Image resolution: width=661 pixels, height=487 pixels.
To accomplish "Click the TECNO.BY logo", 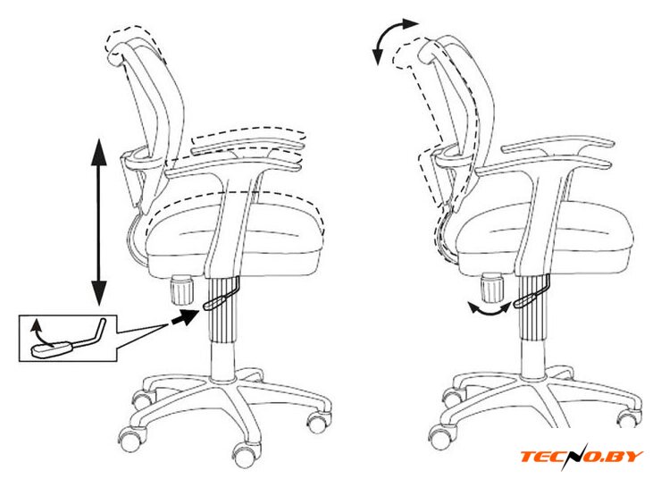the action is pyautogui.click(x=582, y=457).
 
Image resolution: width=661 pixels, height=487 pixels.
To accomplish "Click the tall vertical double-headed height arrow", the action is pyautogui.click(x=99, y=222).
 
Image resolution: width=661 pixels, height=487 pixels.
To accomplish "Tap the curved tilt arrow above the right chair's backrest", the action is pyautogui.click(x=392, y=38).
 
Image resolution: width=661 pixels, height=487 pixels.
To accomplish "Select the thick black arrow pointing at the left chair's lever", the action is pyautogui.click(x=185, y=316).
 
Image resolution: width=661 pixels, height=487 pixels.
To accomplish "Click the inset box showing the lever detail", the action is pyautogui.click(x=68, y=338).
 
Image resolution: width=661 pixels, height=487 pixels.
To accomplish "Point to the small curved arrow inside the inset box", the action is pyautogui.click(x=38, y=332).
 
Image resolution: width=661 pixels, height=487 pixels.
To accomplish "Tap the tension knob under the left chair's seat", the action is pyautogui.click(x=181, y=290).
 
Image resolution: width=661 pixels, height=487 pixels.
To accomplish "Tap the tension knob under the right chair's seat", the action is pyautogui.click(x=492, y=288).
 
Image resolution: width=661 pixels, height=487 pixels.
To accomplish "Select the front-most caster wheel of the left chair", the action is pyautogui.click(x=245, y=455).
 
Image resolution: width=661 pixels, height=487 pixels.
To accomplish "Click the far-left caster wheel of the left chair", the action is pyautogui.click(x=130, y=441).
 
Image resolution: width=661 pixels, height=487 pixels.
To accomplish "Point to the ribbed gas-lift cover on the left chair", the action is pyautogui.click(x=223, y=310).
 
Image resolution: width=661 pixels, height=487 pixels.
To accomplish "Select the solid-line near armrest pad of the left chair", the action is pyautogui.click(x=233, y=166).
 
